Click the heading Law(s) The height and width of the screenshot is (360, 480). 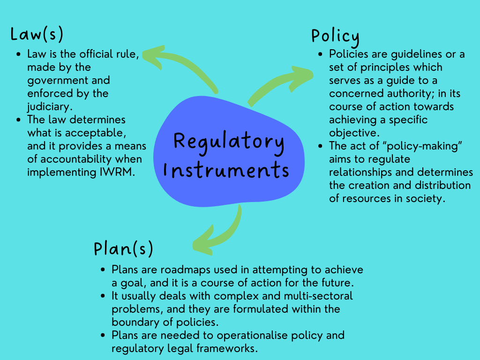pos(37,35)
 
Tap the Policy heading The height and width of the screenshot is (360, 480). pos(335,37)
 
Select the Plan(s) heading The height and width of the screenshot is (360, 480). pos(123,248)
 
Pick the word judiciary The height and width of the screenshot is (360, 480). pos(49,106)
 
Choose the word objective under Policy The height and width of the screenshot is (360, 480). pos(352,133)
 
